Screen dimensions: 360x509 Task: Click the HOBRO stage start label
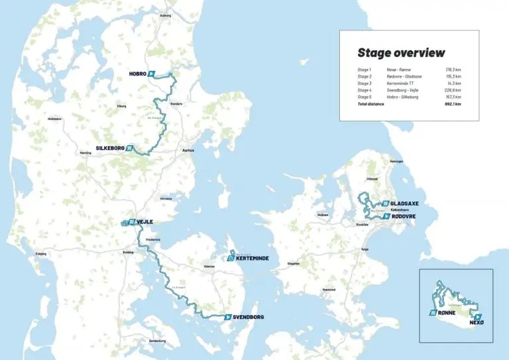click(137, 74)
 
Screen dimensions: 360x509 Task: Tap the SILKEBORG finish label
click(110, 149)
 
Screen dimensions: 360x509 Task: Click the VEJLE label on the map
click(145, 221)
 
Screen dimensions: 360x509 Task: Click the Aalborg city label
click(166, 15)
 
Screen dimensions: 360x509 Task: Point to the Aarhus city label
click(188, 150)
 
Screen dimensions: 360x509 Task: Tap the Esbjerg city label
click(31, 253)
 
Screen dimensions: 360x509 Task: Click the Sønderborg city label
click(158, 340)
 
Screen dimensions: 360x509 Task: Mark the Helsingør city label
click(397, 161)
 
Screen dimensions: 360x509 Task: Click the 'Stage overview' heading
click(401, 53)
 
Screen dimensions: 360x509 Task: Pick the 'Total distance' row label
click(372, 104)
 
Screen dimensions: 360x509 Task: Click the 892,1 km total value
click(453, 104)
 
